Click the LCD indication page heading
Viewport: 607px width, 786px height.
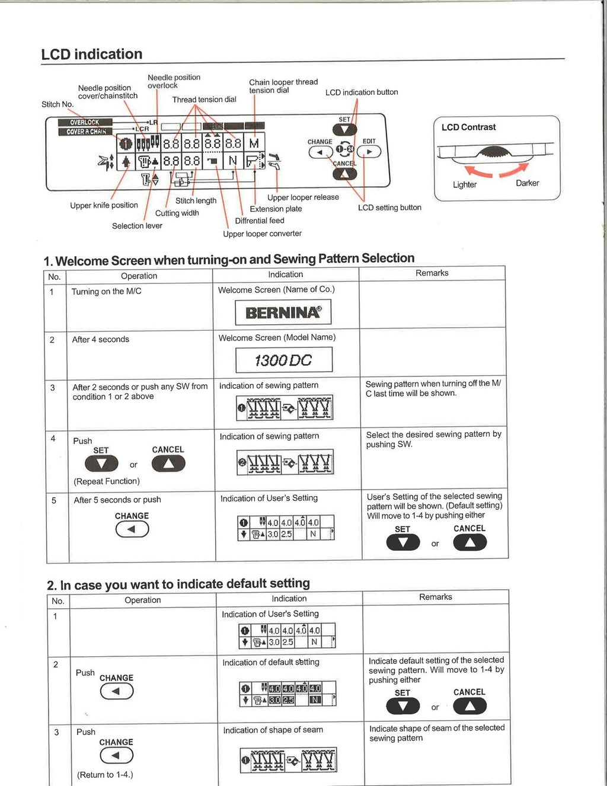(92, 55)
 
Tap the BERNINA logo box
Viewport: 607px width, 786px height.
(283, 312)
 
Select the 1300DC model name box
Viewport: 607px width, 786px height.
(283, 360)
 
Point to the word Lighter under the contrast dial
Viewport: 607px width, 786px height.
(464, 184)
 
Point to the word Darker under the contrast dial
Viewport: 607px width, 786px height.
(527, 183)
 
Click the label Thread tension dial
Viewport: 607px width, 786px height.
(204, 100)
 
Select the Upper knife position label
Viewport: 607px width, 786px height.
(104, 205)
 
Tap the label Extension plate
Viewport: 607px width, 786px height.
(276, 209)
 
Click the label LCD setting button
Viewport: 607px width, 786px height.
(389, 207)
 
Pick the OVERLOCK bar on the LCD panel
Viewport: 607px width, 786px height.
(85, 122)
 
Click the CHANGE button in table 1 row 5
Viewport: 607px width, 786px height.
(132, 529)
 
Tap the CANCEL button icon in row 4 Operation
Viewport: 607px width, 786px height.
(168, 464)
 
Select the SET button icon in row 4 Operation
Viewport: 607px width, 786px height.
(101, 464)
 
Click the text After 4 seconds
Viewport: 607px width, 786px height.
(100, 340)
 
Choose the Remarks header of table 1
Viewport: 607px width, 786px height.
(432, 273)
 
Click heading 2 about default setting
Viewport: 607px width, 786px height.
(178, 584)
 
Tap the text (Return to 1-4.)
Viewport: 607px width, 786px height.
(105, 775)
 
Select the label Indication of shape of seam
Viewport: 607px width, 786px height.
(273, 730)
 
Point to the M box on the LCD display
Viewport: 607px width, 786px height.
(254, 143)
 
